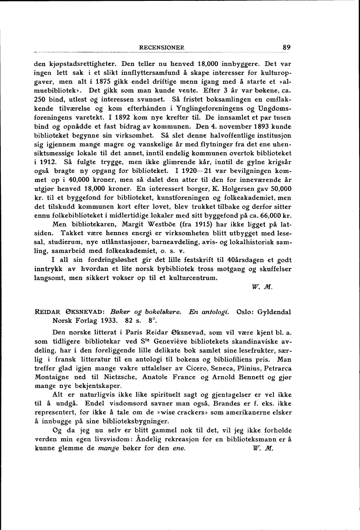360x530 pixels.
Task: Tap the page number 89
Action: click(x=287, y=48)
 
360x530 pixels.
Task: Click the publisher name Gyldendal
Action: click(x=273, y=312)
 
